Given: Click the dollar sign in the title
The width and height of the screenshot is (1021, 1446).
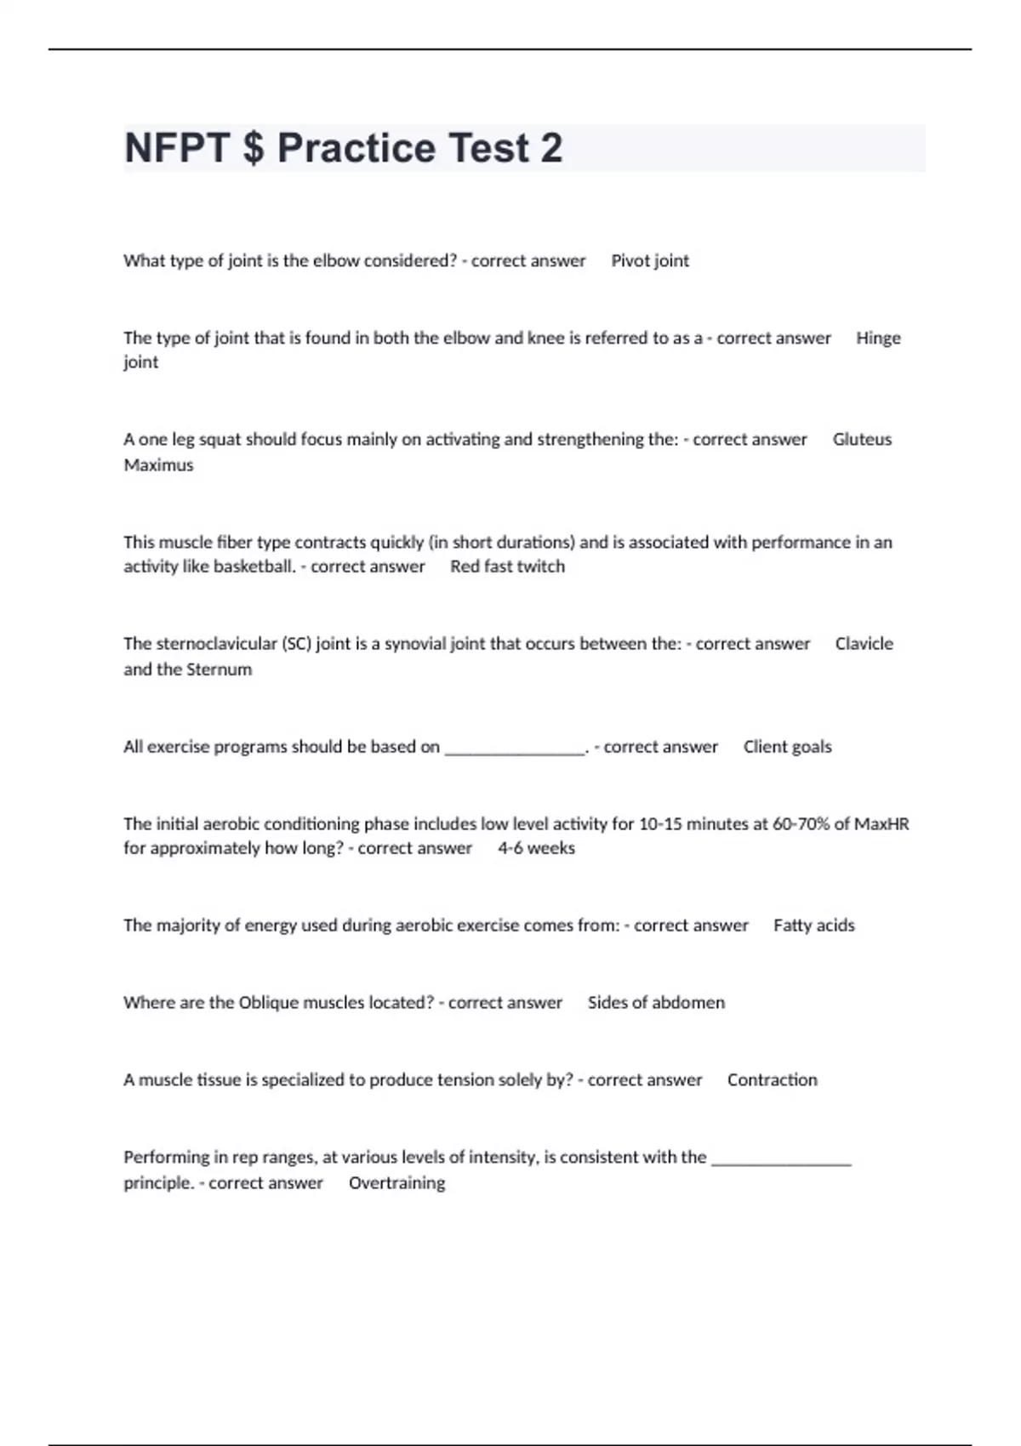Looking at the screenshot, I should click(253, 148).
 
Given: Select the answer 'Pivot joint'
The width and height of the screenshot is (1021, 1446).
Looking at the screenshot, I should click(650, 261).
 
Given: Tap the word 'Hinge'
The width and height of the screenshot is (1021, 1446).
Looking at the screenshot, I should click(878, 338).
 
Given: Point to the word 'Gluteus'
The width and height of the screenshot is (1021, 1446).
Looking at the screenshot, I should click(862, 440).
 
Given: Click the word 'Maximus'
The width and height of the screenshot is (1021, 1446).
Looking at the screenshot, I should click(158, 465).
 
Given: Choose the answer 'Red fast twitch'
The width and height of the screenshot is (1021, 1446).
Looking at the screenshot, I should click(507, 566).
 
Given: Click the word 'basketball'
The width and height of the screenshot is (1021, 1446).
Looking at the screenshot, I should click(254, 566).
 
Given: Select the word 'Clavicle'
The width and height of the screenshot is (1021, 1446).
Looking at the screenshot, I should click(864, 644).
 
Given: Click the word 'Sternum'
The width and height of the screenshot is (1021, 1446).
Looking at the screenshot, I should click(219, 669).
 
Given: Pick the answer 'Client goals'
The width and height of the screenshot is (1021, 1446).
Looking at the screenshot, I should click(787, 747).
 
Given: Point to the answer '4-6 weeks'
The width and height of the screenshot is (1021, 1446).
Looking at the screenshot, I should click(536, 848).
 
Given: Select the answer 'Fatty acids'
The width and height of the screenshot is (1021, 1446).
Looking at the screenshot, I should click(813, 925).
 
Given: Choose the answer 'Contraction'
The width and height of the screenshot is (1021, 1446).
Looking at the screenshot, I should click(772, 1080).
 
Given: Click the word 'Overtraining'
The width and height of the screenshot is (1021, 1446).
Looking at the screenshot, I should click(396, 1183).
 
